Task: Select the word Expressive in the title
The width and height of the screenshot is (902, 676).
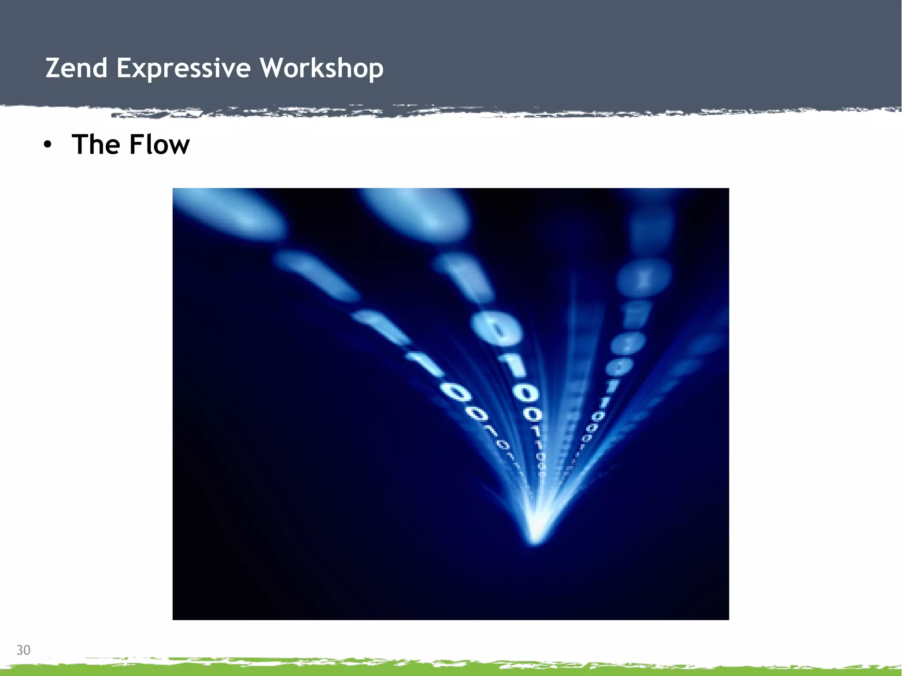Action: point(184,68)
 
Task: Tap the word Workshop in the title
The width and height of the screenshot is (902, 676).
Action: point(322,68)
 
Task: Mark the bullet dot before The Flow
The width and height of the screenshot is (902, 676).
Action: point(48,145)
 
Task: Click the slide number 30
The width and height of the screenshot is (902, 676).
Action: point(23,650)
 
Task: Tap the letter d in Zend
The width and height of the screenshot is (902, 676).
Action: point(100,68)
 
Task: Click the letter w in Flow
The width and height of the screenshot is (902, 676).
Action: point(179,146)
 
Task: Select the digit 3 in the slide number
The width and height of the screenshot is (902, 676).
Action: point(20,650)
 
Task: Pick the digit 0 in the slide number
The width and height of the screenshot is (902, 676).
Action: point(27,650)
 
